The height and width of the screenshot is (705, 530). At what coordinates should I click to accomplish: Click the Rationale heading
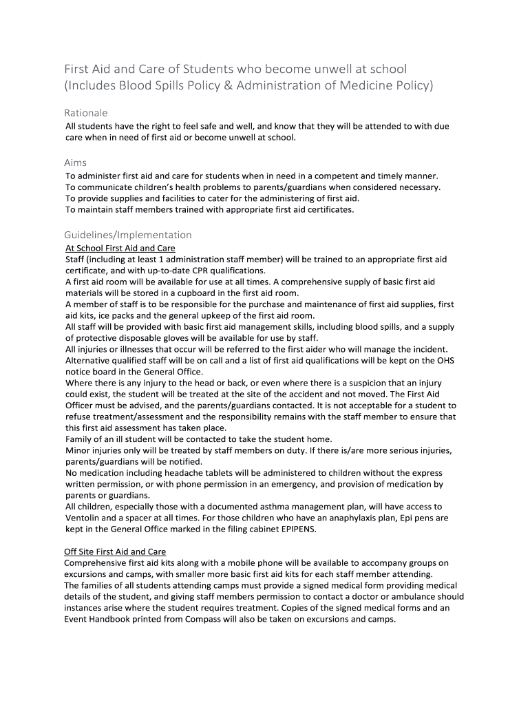pyautogui.click(x=86, y=112)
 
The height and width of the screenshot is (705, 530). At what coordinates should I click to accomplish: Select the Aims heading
pyautogui.click(x=76, y=162)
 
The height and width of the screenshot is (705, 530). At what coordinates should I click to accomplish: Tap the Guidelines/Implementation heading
pyautogui.click(x=128, y=235)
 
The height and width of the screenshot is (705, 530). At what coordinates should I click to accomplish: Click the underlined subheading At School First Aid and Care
pyautogui.click(x=120, y=248)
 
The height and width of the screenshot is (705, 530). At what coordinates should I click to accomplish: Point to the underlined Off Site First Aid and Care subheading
pyautogui.click(x=115, y=551)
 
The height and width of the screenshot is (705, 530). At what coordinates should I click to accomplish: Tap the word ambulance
pyautogui.click(x=423, y=596)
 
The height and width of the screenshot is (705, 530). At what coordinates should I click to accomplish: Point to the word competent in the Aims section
pyautogui.click(x=339, y=176)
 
